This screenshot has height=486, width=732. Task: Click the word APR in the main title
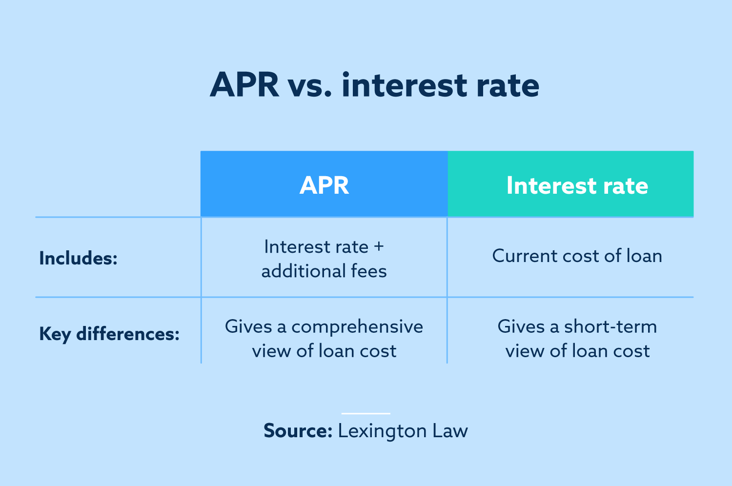244,85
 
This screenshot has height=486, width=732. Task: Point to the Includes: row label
78,258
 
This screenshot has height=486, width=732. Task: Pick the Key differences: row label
109,334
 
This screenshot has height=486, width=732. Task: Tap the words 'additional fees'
324,271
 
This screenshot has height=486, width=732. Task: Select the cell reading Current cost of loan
577,256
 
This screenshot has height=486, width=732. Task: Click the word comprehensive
357,326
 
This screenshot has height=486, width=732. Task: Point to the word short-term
610,326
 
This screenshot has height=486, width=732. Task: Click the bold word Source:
298,431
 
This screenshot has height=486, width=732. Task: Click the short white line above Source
366,413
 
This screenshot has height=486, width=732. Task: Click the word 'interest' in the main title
405,85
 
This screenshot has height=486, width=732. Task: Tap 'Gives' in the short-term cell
520,326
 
